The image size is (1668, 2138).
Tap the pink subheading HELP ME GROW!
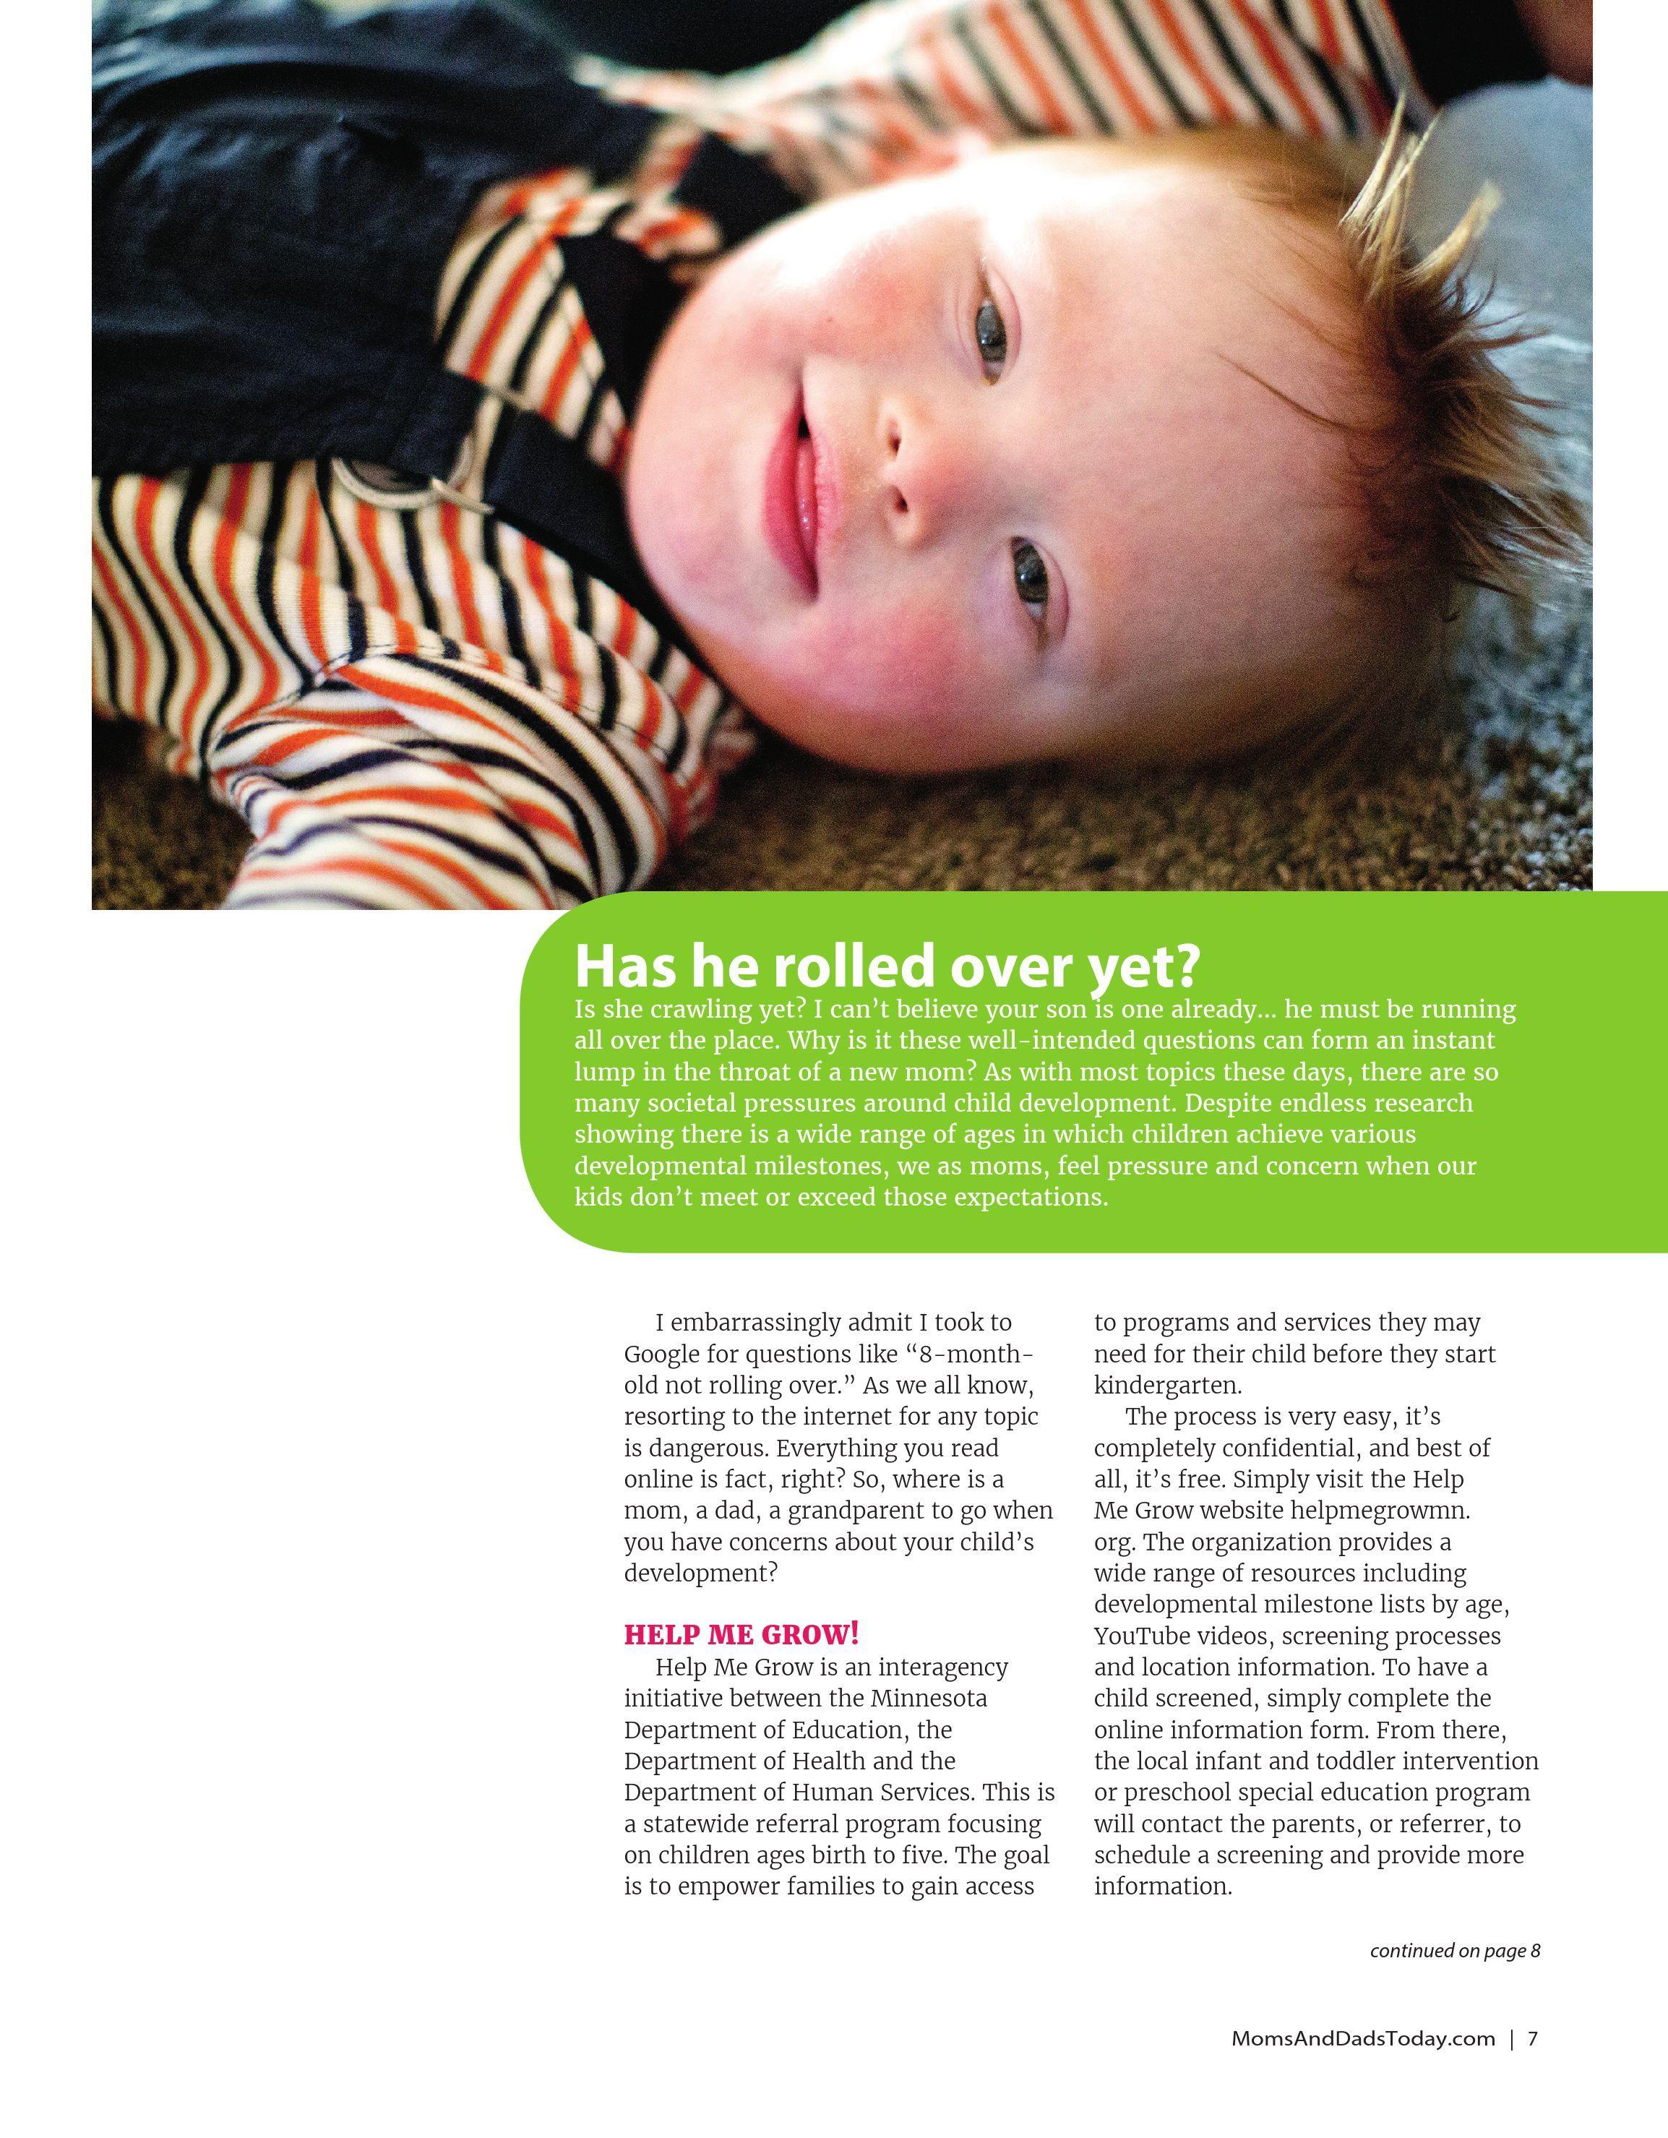(x=741, y=1633)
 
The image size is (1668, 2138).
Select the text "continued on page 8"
(x=1455, y=1950)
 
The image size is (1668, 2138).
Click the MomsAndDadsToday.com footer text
(x=1362, y=2038)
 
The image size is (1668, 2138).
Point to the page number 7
(x=1533, y=2038)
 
